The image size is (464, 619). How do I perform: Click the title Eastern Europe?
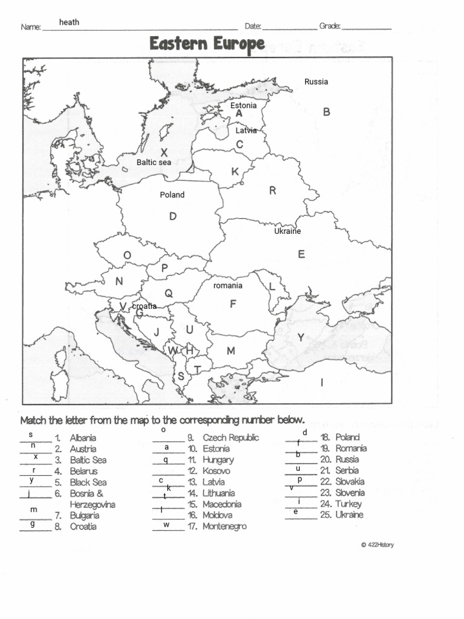tap(207, 44)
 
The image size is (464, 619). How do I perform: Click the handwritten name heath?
tap(69, 22)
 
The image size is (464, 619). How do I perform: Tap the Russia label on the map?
tap(316, 82)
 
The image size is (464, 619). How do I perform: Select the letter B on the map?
tap(326, 112)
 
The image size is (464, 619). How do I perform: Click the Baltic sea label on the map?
tap(153, 162)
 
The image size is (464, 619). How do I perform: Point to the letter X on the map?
tap(164, 152)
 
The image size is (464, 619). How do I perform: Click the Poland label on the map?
tap(172, 195)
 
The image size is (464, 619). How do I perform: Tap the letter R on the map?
tap(272, 191)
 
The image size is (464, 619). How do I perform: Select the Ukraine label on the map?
tap(287, 231)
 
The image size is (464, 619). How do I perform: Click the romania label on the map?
tap(228, 285)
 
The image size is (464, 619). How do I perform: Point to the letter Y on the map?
tap(300, 338)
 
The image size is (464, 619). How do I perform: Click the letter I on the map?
tap(322, 382)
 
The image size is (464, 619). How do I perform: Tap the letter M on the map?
tap(230, 351)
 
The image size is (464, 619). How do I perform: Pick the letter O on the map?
tap(127, 256)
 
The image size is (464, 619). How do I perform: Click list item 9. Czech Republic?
tap(230, 438)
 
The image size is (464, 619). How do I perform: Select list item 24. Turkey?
tap(348, 504)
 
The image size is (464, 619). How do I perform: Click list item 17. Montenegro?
tap(225, 527)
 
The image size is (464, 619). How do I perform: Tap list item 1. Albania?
tap(82, 438)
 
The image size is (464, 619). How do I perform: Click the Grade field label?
tap(330, 26)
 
